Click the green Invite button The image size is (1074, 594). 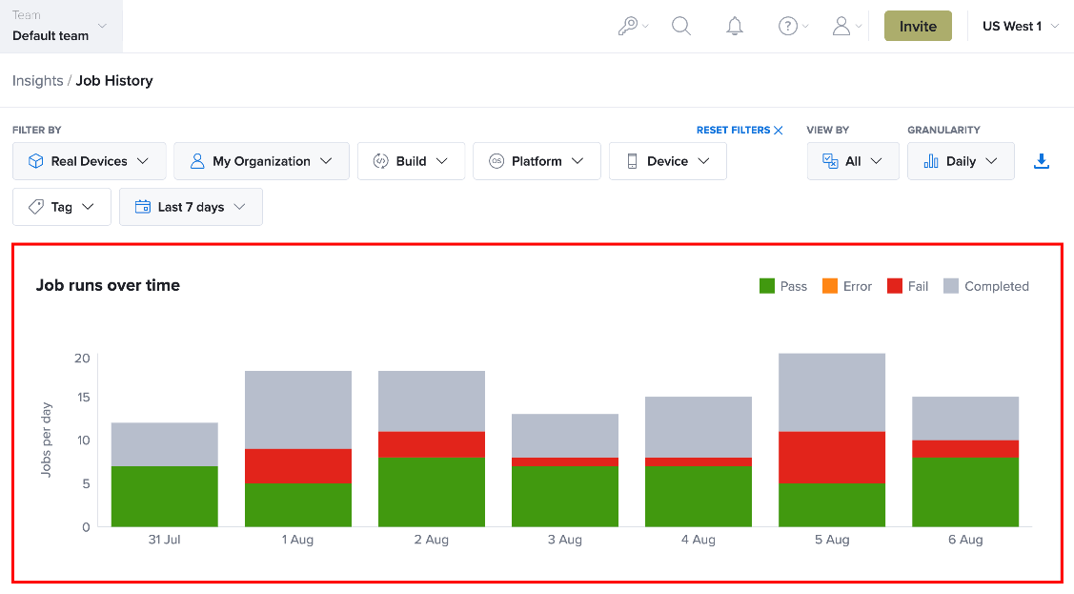(x=918, y=26)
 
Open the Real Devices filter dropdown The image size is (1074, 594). (x=89, y=161)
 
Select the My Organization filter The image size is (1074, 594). (x=262, y=161)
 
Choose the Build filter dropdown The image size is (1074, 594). (x=411, y=161)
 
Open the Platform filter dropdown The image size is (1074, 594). (x=537, y=161)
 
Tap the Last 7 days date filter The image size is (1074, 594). (x=192, y=207)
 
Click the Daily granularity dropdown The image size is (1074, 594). (x=961, y=161)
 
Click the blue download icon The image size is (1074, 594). (x=1041, y=161)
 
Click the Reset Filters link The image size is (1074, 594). (x=740, y=131)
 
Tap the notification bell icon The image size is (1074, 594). (x=734, y=26)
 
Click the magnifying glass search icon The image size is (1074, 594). (x=680, y=26)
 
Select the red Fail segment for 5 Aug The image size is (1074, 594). (x=832, y=458)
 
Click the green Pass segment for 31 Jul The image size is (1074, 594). (x=164, y=497)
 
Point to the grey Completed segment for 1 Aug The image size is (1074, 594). (x=298, y=410)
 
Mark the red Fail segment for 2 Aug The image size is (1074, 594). (x=432, y=444)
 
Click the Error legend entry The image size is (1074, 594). (x=846, y=286)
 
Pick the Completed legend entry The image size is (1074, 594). (x=985, y=286)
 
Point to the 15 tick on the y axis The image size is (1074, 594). (x=83, y=398)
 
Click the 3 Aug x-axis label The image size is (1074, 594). (x=564, y=540)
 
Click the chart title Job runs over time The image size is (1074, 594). (x=108, y=285)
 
